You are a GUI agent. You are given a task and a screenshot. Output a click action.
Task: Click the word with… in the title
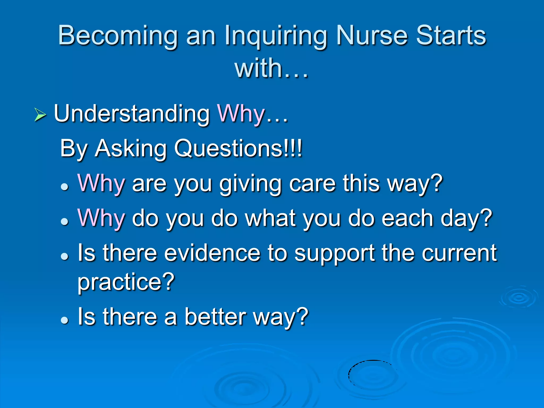click(x=271, y=69)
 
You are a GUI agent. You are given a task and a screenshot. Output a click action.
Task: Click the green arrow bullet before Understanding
click(x=40, y=115)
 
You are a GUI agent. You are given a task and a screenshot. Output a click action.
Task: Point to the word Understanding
click(x=132, y=114)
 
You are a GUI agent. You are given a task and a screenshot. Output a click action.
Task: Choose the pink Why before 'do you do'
click(x=101, y=218)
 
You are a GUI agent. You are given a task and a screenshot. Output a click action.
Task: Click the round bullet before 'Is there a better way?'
click(x=65, y=320)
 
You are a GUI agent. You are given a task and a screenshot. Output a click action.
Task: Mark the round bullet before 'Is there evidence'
click(x=65, y=256)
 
